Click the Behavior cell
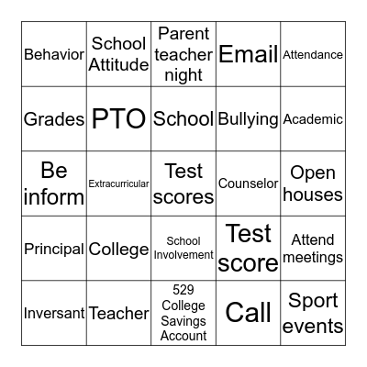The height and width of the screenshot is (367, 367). point(54,54)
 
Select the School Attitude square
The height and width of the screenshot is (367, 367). point(119,54)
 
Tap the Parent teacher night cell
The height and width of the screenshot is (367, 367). point(183,54)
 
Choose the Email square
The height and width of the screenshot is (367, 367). point(248,54)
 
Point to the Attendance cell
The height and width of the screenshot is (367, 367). point(313,54)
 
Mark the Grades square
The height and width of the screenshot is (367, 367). point(54,119)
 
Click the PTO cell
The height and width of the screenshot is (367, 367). point(119,119)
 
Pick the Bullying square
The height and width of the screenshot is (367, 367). point(248,119)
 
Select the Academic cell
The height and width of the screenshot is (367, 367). point(313,119)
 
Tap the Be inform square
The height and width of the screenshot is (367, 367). point(54,183)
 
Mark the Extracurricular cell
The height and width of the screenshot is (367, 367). point(119,183)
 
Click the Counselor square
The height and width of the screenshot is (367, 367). point(248,183)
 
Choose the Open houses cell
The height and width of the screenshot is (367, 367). point(313,183)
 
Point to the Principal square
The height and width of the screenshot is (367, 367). point(54,249)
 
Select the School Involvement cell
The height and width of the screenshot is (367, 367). point(183,249)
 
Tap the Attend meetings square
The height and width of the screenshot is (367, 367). point(313,249)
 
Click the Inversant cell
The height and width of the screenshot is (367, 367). point(54,313)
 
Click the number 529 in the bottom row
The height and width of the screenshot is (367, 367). point(183,290)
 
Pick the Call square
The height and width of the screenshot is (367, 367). point(248,313)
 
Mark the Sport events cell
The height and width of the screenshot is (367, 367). point(313,313)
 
